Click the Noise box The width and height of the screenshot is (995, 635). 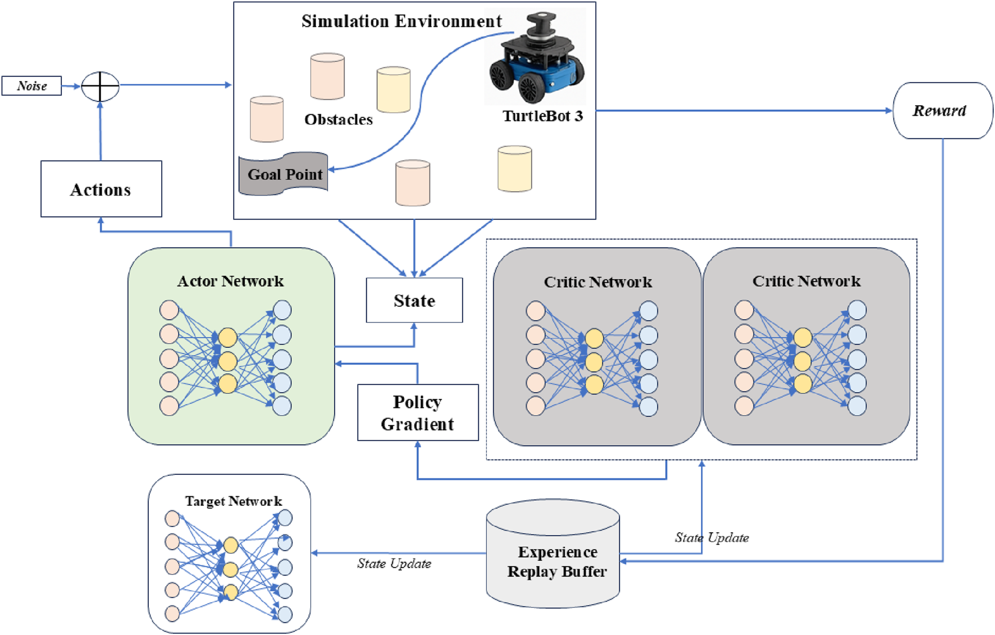(31, 86)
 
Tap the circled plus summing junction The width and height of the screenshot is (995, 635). (101, 87)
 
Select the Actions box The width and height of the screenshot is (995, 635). (101, 189)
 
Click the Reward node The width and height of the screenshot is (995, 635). (943, 111)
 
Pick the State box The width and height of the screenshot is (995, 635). (414, 300)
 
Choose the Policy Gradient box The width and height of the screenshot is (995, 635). (418, 412)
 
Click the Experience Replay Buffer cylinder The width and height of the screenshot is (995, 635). (553, 554)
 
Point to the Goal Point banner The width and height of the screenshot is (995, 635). (284, 174)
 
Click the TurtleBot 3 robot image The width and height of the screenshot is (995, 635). (536, 58)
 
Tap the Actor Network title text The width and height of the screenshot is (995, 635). (231, 281)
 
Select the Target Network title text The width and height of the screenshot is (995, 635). (234, 501)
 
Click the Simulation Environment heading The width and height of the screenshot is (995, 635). (401, 21)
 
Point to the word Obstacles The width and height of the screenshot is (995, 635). (339, 119)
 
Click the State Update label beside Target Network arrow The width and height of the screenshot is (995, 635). (394, 564)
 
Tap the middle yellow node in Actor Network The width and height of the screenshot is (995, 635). (227, 360)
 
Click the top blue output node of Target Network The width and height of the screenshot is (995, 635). (285, 518)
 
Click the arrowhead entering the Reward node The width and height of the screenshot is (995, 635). (889, 111)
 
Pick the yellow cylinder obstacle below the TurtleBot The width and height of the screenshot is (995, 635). (515, 169)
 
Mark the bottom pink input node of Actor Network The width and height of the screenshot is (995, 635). (169, 406)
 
